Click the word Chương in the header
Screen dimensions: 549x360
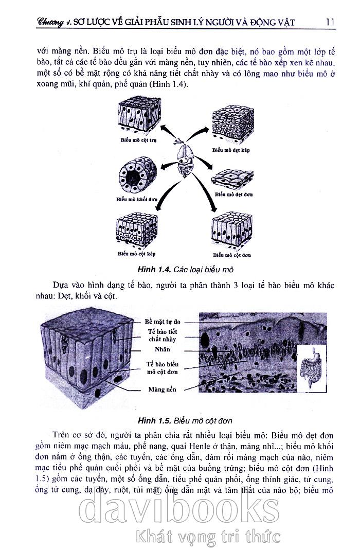click(x=53, y=22)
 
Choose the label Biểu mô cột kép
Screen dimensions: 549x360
click(x=137, y=254)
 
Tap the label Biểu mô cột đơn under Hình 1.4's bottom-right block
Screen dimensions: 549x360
click(x=232, y=255)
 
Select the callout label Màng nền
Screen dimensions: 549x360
click(x=162, y=389)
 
